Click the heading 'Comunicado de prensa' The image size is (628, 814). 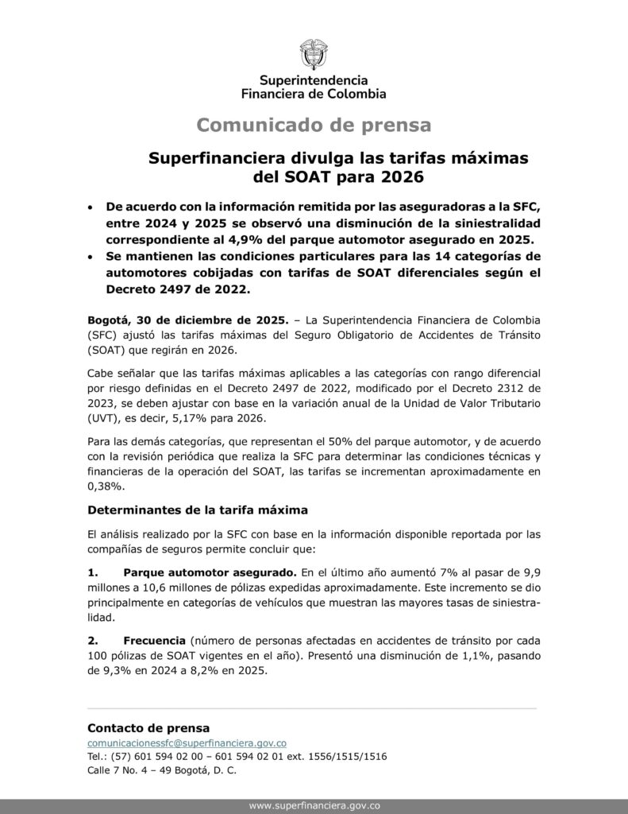314,125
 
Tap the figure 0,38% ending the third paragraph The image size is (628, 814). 105,486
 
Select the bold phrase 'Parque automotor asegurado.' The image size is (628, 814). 210,572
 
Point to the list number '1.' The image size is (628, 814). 93,572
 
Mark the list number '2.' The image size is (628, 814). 93,640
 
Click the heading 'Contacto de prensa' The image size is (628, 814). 148,727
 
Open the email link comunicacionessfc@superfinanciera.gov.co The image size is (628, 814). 187,742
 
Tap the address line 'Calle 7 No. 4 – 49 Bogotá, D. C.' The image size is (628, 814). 162,770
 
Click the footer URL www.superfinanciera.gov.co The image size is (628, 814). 314,805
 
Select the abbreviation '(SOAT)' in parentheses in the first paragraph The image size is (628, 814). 109,351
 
